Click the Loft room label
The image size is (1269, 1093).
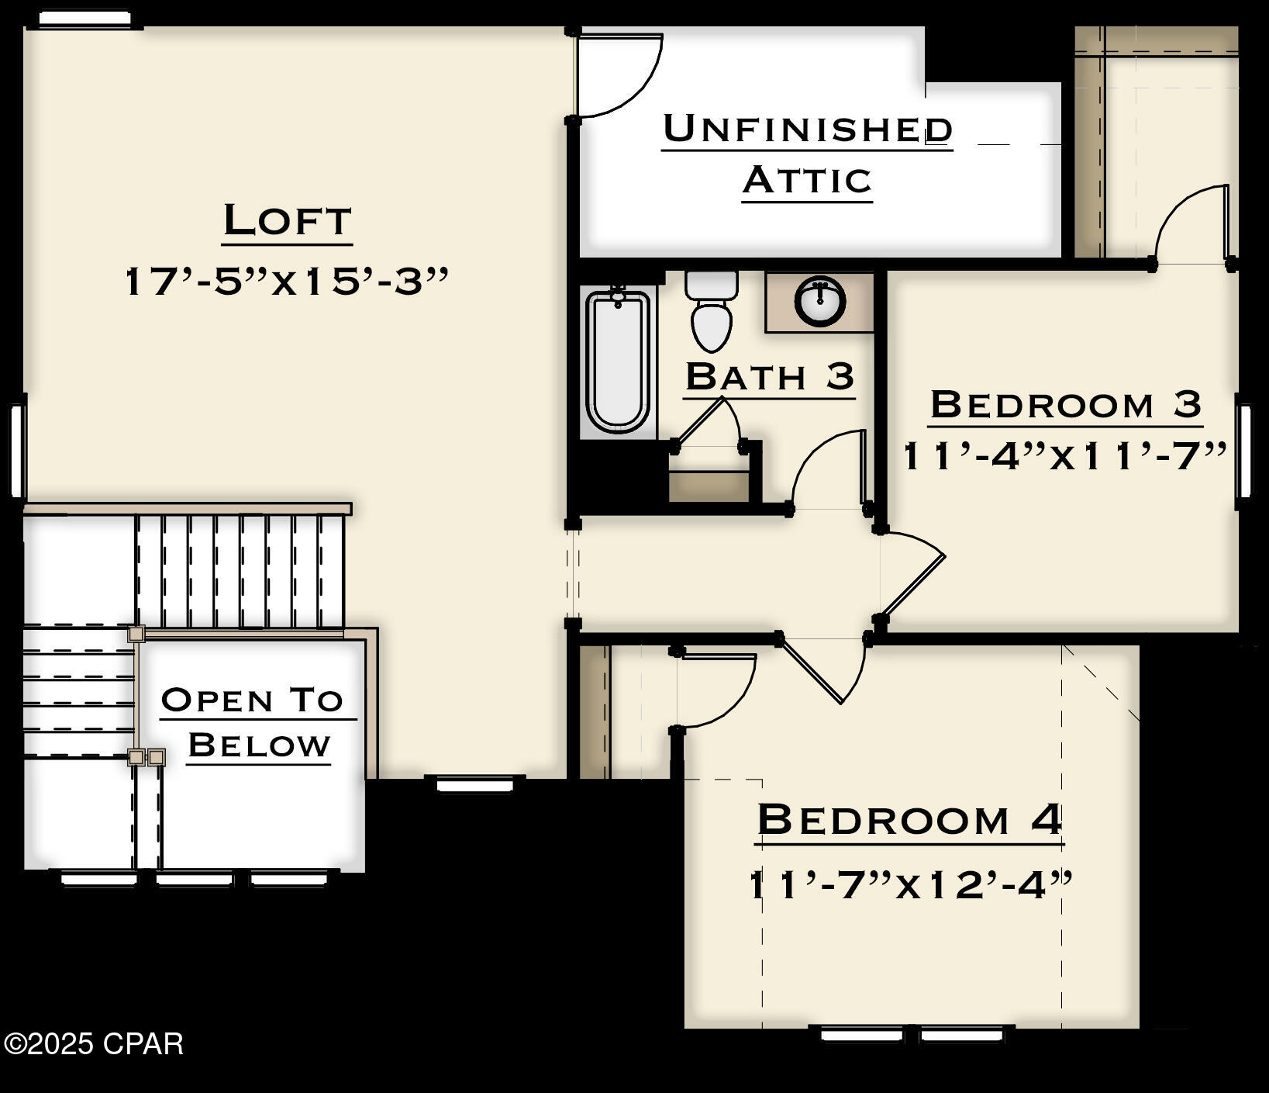point(288,220)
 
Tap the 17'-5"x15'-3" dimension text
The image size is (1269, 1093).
point(287,281)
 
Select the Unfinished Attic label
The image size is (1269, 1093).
point(807,154)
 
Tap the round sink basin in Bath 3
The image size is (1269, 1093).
point(820,300)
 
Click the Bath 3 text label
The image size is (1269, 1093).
point(769,377)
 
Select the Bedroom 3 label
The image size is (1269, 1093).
point(1065,404)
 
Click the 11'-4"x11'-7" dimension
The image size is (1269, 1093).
point(1065,456)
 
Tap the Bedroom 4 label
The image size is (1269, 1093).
point(909,819)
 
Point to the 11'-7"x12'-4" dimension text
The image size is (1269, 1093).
point(910,884)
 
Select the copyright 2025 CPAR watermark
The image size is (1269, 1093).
point(92,1044)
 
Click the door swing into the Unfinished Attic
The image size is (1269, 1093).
point(620,74)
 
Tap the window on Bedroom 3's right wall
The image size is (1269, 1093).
point(1243,451)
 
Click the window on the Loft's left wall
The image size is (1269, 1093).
point(18,450)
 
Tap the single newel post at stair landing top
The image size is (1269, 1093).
point(136,634)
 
